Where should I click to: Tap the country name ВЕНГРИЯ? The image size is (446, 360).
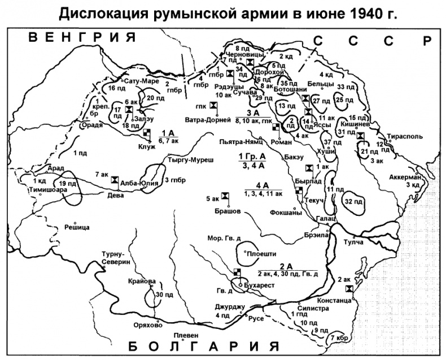[x=83, y=38]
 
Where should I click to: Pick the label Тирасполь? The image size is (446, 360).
[x=404, y=136]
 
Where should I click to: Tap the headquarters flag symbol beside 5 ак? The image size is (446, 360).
[x=225, y=196]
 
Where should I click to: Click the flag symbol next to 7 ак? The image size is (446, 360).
[x=115, y=179]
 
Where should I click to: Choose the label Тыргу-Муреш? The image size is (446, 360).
[x=183, y=160]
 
